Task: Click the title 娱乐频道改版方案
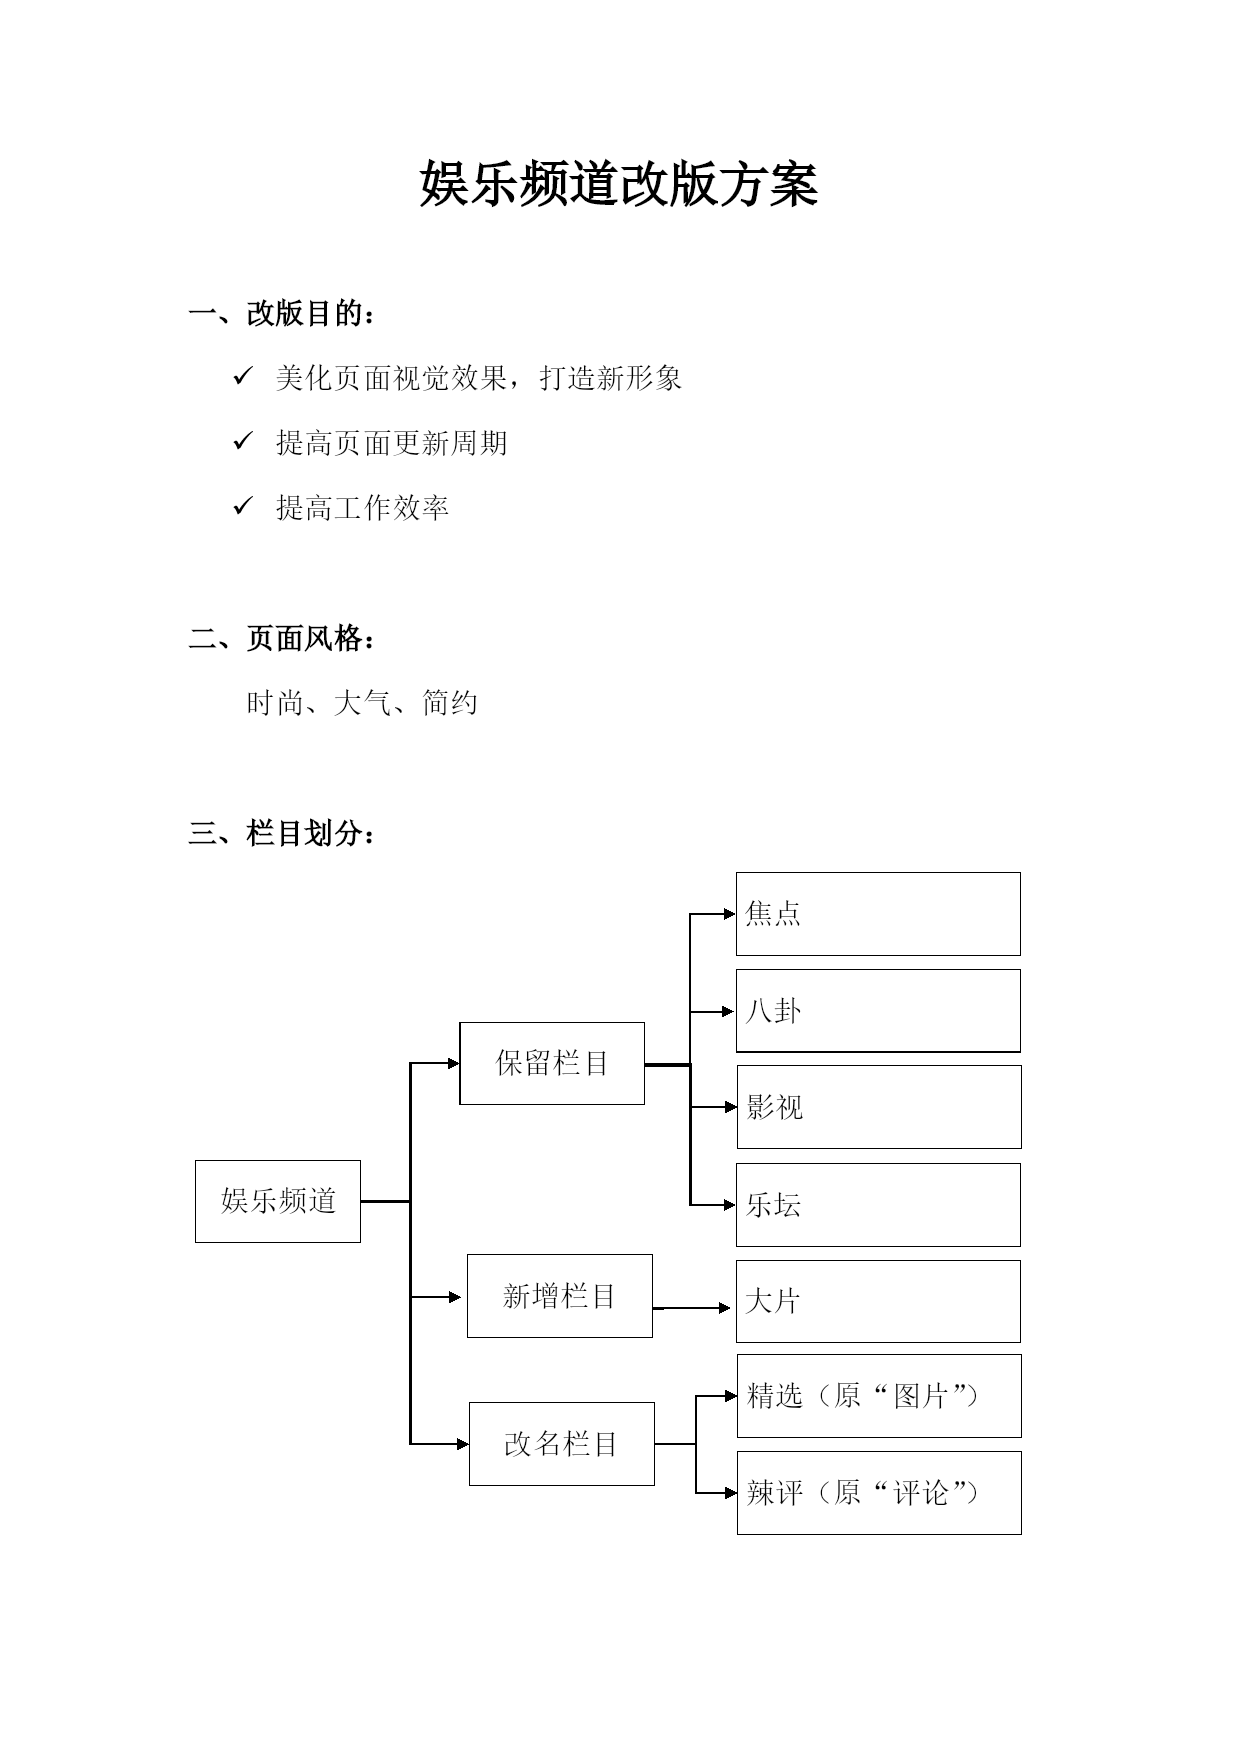point(619,184)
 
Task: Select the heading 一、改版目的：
point(283,314)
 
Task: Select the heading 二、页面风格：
point(283,638)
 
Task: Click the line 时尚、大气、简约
point(362,703)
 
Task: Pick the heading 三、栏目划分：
point(283,833)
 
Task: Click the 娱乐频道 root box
point(278,1201)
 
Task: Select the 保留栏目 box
point(552,1063)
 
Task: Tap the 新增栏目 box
point(560,1296)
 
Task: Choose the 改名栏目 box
point(562,1444)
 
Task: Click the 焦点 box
point(878,914)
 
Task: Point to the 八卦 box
point(878,1011)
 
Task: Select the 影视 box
point(879,1107)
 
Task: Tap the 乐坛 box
point(878,1205)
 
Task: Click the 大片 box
point(878,1301)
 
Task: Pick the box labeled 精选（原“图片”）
point(879,1396)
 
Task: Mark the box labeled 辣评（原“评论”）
point(879,1493)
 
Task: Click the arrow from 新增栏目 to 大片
point(692,1308)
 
